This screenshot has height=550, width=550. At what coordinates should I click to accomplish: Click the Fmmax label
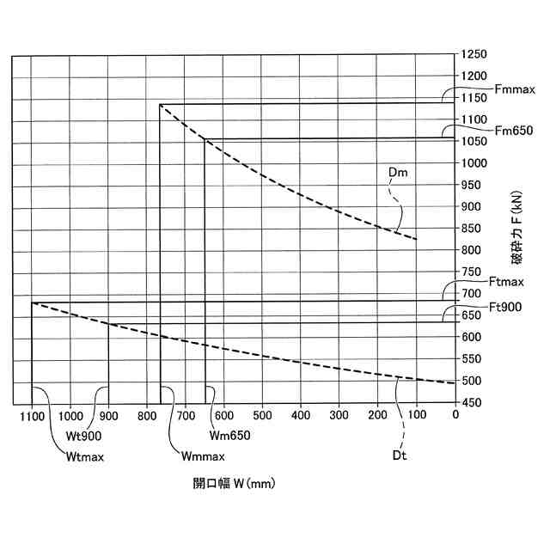tap(516, 89)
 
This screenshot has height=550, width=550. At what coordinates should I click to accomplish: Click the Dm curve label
tap(398, 174)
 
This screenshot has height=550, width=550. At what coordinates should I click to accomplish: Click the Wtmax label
tap(84, 457)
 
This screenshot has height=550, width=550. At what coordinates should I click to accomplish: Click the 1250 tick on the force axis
tap(474, 54)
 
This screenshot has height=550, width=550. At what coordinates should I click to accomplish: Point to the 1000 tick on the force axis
tap(474, 163)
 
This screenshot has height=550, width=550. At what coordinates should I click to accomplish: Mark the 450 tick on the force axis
tap(474, 403)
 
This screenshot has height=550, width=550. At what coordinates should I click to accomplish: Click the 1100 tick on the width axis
tap(31, 416)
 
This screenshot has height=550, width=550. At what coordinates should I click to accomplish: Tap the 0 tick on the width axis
tap(455, 416)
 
